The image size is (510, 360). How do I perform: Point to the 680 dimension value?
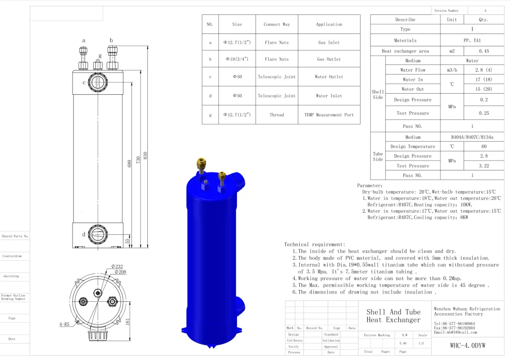point(129,164)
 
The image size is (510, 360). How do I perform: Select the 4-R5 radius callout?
point(64,324)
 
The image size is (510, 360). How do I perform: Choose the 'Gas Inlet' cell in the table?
point(329,43)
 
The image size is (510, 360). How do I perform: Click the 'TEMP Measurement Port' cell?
point(329,115)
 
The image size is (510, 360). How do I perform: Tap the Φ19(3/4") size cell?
point(237,59)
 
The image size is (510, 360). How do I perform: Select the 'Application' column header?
point(329,24)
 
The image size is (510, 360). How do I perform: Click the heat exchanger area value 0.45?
point(484,51)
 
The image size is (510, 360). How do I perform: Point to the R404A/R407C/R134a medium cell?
point(472,137)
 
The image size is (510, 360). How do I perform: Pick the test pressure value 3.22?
point(484,166)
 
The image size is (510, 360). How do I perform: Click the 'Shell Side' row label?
point(378,95)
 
